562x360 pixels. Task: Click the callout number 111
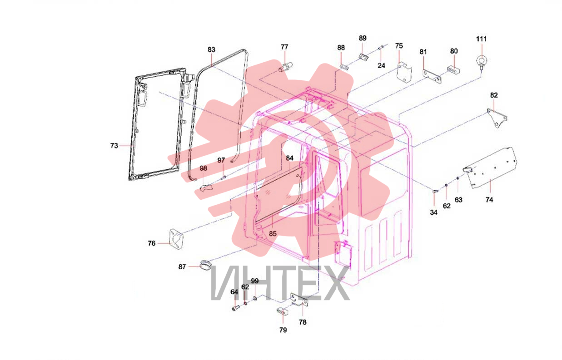tap(481, 39)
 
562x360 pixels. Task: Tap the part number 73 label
tap(114, 145)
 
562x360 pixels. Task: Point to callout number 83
tap(211, 49)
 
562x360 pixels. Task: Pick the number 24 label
tap(381, 66)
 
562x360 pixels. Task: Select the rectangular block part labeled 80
tap(453, 70)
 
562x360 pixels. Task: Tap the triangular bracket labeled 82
tap(497, 118)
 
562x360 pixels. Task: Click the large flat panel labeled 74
tap(491, 168)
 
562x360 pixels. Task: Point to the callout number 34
tap(433, 212)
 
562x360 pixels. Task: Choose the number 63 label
tap(458, 200)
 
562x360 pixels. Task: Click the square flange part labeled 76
tap(176, 239)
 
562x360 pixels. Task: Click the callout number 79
tap(283, 330)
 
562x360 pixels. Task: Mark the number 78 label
tap(303, 322)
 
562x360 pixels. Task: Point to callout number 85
tap(273, 234)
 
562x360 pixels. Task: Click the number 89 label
tap(363, 38)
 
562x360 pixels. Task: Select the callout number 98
tap(203, 168)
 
